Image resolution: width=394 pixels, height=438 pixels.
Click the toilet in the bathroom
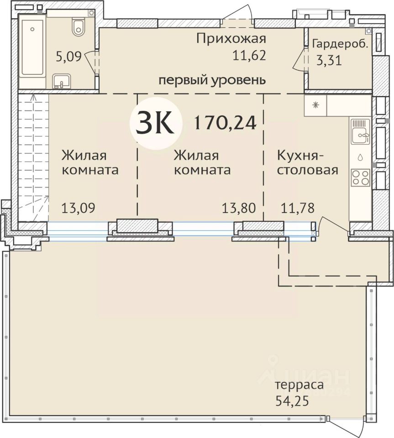78,26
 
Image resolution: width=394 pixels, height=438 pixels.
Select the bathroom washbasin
61,81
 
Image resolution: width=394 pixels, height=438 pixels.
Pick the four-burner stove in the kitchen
361,177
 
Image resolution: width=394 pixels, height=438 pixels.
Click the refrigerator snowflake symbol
315,105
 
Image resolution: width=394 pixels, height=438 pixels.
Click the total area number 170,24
225,123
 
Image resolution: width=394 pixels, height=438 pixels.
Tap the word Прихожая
231,39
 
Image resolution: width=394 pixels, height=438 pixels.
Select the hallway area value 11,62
249,55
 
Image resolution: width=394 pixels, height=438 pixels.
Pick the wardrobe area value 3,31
329,60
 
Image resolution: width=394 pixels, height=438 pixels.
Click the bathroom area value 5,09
69,57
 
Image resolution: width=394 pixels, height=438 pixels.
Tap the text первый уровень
212,80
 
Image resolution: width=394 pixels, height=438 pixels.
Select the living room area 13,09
78,208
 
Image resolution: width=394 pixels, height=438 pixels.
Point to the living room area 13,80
239,208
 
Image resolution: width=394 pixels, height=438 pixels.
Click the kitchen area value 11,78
298,208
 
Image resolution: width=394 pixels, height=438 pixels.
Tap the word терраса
299,385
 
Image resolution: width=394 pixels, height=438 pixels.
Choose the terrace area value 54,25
292,401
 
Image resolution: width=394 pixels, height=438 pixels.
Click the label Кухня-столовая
307,162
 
